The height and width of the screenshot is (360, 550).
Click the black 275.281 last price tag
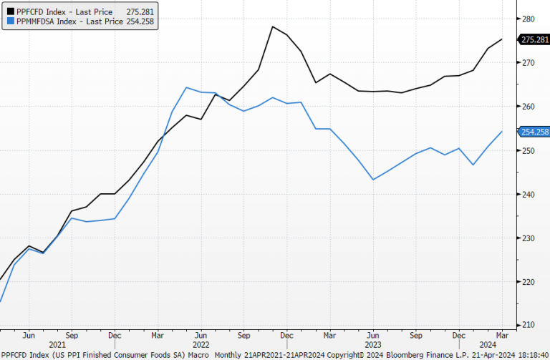pos(534,39)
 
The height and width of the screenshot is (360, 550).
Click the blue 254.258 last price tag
pos(534,132)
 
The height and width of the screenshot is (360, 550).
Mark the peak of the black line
pos(273,27)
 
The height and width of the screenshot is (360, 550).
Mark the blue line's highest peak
pos(186,88)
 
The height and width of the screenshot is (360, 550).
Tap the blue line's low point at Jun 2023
pos(373,179)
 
